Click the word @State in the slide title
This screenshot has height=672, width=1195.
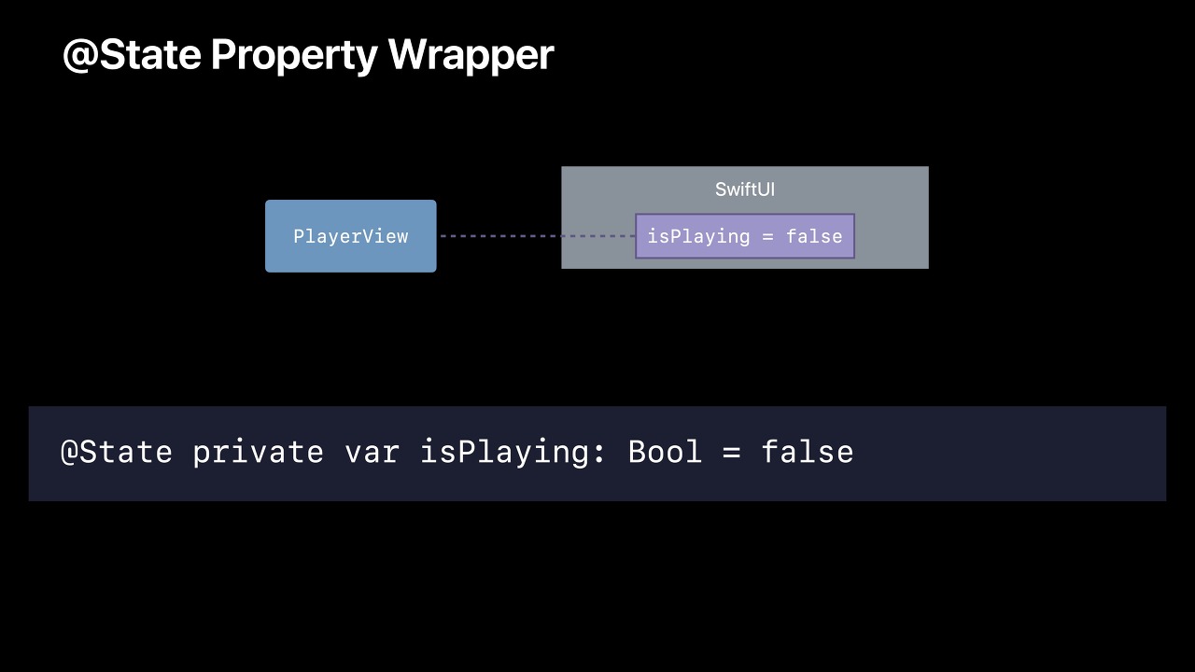tap(132, 55)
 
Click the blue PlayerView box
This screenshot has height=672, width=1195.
tap(350, 236)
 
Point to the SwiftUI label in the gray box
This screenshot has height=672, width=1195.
tap(744, 189)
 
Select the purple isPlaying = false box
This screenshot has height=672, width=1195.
tap(744, 236)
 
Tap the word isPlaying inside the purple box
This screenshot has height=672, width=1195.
tap(698, 236)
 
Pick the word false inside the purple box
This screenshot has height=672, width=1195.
tap(814, 236)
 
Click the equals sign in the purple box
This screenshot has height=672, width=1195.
tap(767, 236)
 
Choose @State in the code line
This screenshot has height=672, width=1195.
tap(117, 453)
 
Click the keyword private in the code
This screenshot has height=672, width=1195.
tap(258, 453)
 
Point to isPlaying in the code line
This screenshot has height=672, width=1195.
tap(504, 453)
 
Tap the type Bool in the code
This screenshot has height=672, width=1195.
tap(665, 453)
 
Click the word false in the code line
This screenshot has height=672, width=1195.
tap(807, 453)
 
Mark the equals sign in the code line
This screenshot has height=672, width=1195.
tap(731, 453)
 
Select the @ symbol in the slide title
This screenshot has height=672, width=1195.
tap(79, 56)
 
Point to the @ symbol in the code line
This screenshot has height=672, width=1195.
tap(69, 453)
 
